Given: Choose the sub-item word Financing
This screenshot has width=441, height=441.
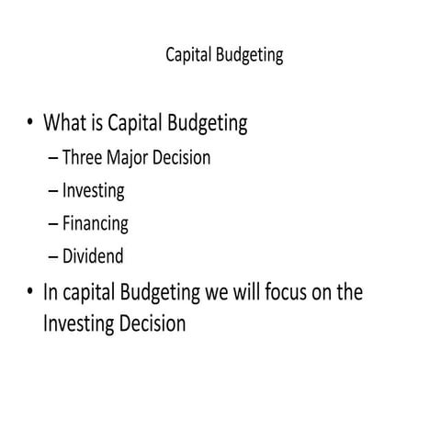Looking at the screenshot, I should pyautogui.click(x=95, y=223).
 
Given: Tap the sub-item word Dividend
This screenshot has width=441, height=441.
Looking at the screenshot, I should pyautogui.click(x=93, y=255).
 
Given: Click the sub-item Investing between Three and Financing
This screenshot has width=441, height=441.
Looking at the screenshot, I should pyautogui.click(x=93, y=191).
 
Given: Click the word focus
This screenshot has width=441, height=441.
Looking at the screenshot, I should pyautogui.click(x=281, y=292).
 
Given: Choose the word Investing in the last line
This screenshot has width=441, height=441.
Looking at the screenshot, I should pyautogui.click(x=80, y=324).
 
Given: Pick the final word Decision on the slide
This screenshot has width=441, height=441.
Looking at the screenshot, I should pyautogui.click(x=153, y=323).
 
